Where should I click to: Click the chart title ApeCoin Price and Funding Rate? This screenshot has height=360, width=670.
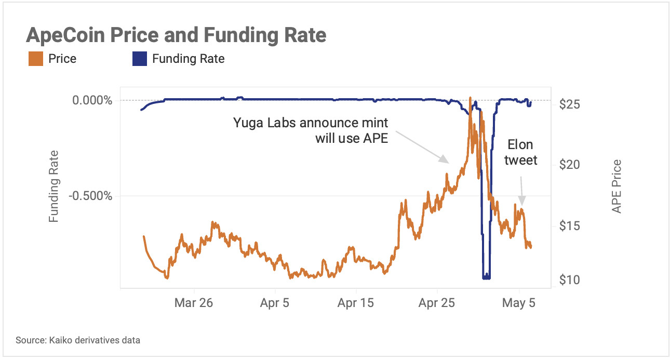tap(176, 35)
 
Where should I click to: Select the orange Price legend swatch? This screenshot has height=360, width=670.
tap(35, 59)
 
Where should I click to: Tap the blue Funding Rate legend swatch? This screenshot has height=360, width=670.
tap(139, 59)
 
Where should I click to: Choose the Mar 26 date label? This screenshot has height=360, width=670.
tap(194, 303)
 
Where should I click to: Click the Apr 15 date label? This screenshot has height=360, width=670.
tap(356, 303)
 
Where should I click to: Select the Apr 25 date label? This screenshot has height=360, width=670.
tap(437, 303)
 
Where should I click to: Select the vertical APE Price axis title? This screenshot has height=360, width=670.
tap(617, 186)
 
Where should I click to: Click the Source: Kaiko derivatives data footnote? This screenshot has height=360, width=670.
tap(78, 341)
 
